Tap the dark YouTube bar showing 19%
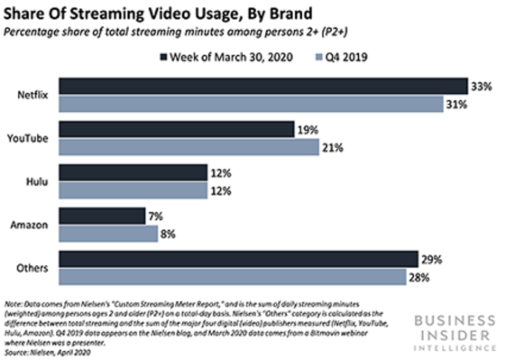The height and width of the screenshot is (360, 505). click(176, 129)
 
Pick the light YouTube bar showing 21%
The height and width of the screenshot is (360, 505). click(189, 147)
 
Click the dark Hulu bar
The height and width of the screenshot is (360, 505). click(133, 172)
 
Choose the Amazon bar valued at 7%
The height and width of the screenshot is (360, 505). click(102, 216)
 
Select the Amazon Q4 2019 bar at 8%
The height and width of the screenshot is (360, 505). click(108, 234)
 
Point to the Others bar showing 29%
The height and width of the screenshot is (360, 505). click(238, 259)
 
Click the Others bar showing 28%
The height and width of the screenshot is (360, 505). click(232, 277)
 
